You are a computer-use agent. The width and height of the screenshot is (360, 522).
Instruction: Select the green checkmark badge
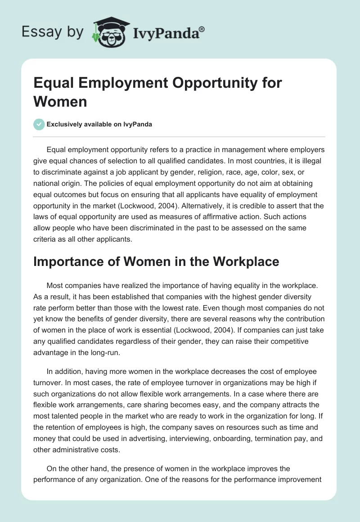[x=39, y=124]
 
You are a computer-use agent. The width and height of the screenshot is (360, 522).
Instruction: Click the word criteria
[x=44, y=239]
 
